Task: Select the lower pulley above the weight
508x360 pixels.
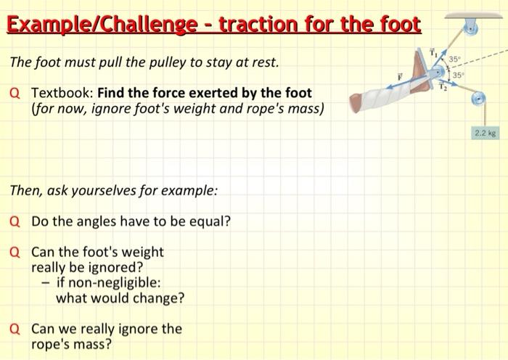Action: point(478,99)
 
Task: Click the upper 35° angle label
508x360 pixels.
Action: point(454,57)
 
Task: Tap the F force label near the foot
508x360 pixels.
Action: point(398,75)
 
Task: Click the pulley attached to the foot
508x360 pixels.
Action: point(439,73)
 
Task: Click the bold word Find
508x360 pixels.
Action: point(112,93)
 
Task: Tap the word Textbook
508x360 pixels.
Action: point(61,93)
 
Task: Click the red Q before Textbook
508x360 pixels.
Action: point(16,93)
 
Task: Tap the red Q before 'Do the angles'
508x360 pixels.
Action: point(16,221)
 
